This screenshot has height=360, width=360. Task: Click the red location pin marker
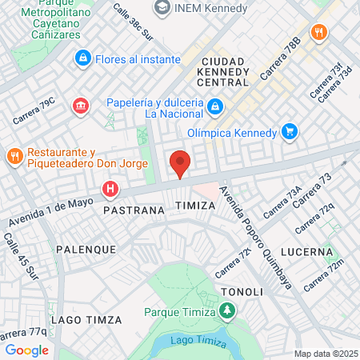[x=180, y=163]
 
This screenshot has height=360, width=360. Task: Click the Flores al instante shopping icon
[x=82, y=58]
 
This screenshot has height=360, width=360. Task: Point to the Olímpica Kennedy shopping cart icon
[x=290, y=133]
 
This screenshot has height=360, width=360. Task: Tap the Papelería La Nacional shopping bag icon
[x=214, y=107]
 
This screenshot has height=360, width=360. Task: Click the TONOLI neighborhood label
[x=241, y=291]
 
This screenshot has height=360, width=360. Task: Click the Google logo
[x=26, y=350]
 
